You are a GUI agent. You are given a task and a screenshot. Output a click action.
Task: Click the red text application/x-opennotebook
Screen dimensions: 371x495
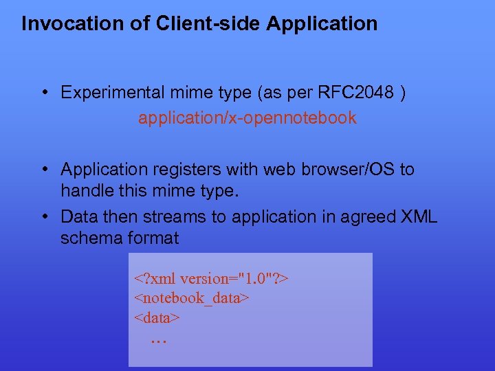[247, 118]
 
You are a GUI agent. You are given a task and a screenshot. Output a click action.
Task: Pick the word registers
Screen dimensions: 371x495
[195, 169]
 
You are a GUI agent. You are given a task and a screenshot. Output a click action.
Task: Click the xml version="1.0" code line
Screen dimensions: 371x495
[212, 279]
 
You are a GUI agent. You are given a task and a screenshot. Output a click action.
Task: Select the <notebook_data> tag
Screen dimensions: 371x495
[191, 298]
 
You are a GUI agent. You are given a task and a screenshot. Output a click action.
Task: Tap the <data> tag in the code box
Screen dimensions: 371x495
[157, 317]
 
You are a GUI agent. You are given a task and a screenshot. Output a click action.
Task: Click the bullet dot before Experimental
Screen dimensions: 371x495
[43, 93]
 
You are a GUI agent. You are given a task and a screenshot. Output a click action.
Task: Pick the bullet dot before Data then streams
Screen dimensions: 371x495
[43, 217]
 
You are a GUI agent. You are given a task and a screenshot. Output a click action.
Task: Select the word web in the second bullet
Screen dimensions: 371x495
[266, 169]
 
